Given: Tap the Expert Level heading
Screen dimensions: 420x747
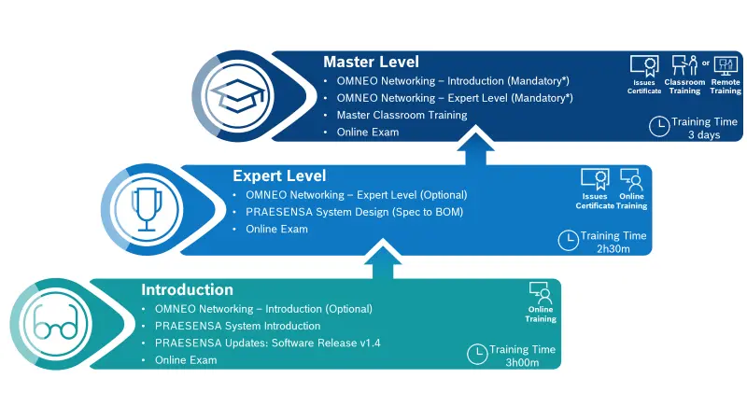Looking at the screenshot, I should (279, 175).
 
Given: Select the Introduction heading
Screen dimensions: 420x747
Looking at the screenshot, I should (187, 289).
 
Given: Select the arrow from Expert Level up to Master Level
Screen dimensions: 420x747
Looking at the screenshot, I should (475, 147).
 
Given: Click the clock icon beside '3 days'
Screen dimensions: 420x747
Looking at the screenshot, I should (658, 124).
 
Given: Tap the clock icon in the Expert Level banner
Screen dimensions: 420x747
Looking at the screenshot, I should (567, 240).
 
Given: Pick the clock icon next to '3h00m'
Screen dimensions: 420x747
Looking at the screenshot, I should (476, 354).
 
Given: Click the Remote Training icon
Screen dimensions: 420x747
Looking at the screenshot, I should (726, 66).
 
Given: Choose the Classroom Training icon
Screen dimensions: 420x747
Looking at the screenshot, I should (684, 66).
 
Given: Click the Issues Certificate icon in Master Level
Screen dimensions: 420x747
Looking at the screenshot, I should (643, 66).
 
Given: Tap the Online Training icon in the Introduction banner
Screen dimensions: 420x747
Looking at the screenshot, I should (541, 292).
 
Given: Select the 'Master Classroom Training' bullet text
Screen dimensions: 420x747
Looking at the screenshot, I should (402, 115).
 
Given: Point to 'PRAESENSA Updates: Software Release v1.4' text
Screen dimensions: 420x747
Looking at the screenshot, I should (267, 343).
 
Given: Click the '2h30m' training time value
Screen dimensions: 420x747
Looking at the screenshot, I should (613, 249).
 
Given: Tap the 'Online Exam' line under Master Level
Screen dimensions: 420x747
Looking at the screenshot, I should (368, 133).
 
